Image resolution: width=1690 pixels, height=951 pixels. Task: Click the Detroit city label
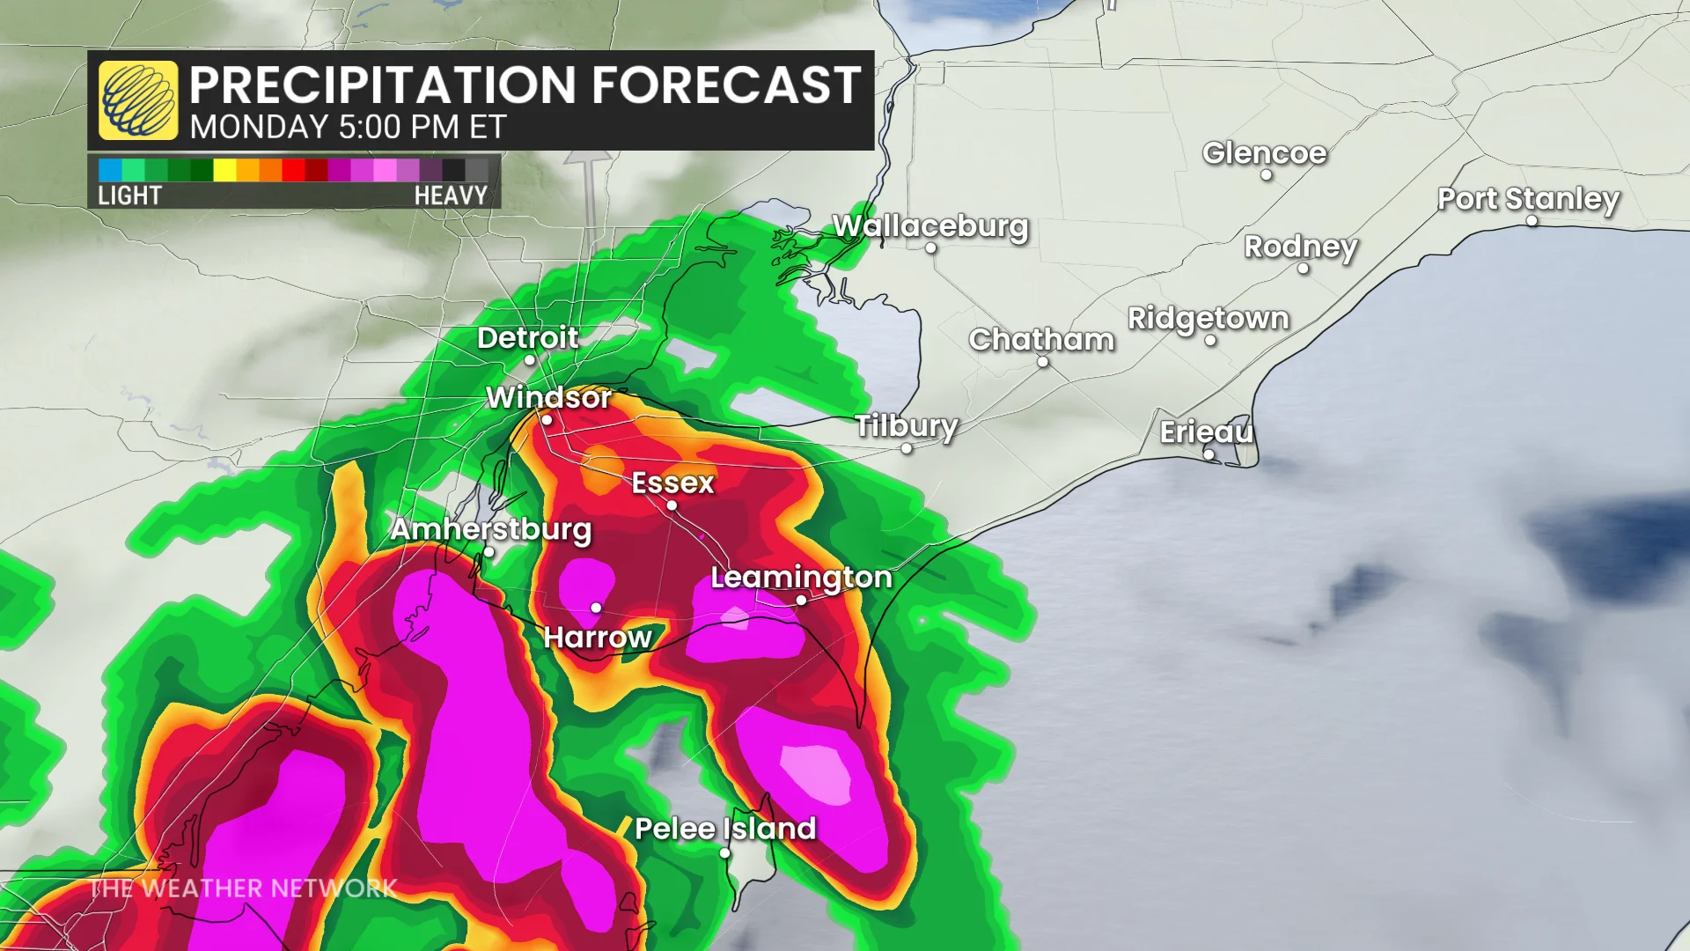click(x=527, y=338)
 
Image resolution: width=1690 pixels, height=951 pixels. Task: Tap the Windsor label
click(x=548, y=398)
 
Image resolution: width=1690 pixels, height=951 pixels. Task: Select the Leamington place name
click(x=801, y=578)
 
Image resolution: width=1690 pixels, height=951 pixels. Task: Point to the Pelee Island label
click(x=725, y=829)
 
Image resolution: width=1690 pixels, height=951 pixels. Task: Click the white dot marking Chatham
click(x=1042, y=362)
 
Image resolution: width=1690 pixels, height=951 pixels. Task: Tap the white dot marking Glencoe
click(x=1266, y=175)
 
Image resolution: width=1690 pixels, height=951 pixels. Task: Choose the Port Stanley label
click(x=1528, y=199)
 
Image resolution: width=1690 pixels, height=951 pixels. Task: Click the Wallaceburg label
click(x=930, y=226)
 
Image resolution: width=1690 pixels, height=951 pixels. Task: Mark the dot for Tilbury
click(x=907, y=448)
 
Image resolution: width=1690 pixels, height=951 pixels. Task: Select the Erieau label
click(x=1206, y=432)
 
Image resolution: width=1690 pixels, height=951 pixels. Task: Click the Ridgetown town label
click(x=1208, y=318)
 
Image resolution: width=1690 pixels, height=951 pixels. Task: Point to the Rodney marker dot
click(x=1304, y=269)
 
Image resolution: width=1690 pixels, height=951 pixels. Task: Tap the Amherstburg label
click(x=491, y=529)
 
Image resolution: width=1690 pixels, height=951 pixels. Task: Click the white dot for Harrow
click(x=596, y=608)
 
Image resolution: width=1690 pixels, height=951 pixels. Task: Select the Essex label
click(x=672, y=483)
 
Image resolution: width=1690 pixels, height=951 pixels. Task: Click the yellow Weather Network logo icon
click(x=138, y=100)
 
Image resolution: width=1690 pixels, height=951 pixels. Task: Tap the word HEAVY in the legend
click(x=451, y=195)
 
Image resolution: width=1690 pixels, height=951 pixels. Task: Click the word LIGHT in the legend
click(x=129, y=195)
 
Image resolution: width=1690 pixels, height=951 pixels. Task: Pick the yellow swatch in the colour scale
click(x=224, y=170)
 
